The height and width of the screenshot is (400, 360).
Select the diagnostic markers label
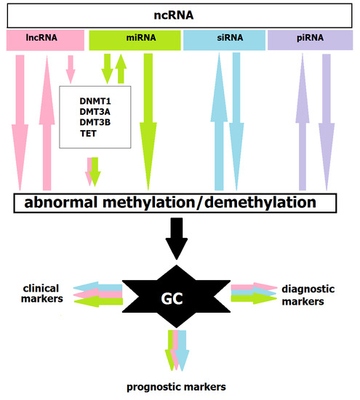[308, 295]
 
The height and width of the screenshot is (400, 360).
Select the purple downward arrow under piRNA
[325, 124]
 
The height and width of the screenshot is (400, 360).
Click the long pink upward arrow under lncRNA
[47, 124]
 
